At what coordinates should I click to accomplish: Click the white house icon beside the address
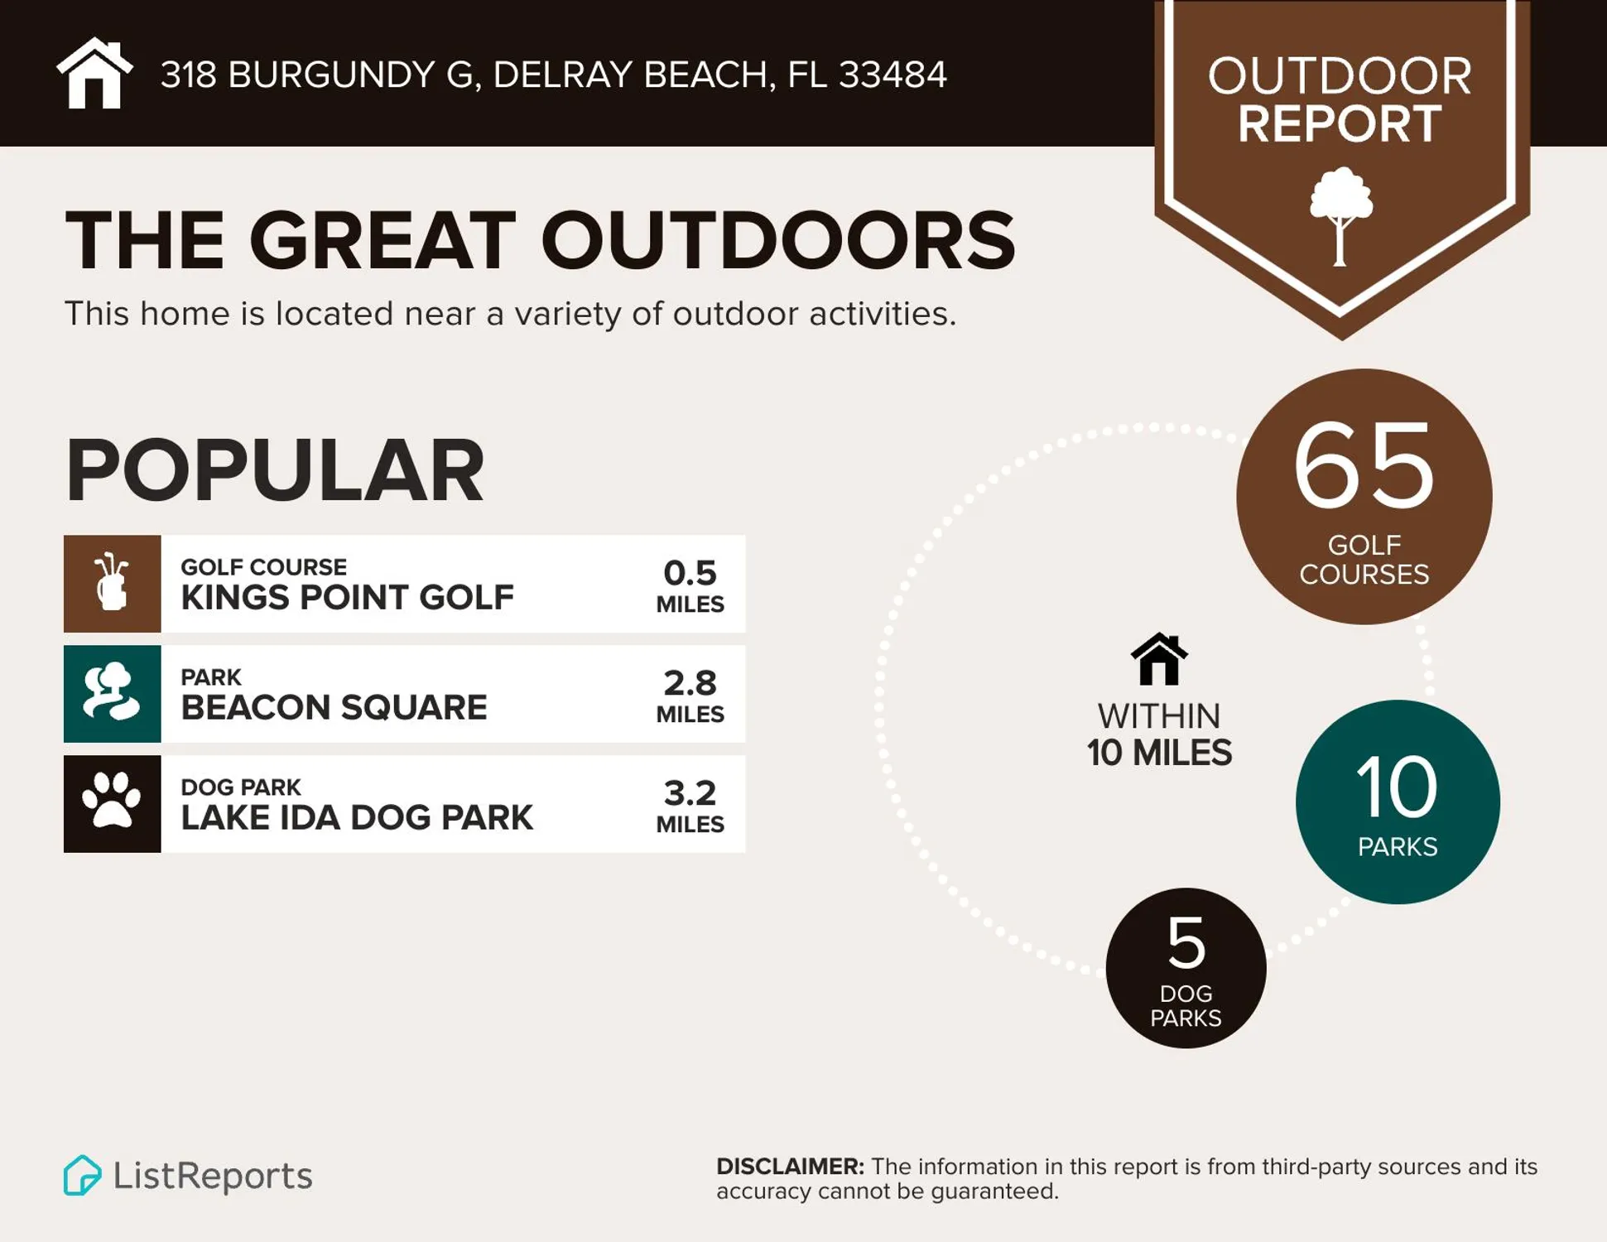coord(94,74)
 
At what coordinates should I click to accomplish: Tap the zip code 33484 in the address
coord(893,75)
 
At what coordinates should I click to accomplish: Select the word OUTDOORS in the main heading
coord(777,240)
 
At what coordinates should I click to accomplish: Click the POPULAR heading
coord(274,470)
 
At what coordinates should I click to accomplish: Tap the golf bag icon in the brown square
coord(113,583)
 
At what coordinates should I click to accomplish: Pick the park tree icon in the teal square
coord(112,693)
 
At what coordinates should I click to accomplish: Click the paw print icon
coord(112,802)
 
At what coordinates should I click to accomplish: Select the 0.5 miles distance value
coord(690,585)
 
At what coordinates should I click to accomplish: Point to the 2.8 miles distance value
coord(690,695)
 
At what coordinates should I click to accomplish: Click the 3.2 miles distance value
coord(690,805)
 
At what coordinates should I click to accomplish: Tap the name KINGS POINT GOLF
coord(347,597)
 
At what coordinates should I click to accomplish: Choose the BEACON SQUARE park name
coord(334,707)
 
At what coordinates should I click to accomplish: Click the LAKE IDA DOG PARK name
coord(357,817)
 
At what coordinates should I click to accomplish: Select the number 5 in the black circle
coord(1186,942)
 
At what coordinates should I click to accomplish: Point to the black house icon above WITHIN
coord(1159,659)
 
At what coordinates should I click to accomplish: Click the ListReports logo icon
coord(82,1175)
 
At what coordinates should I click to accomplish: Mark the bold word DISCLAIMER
coord(790,1167)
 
